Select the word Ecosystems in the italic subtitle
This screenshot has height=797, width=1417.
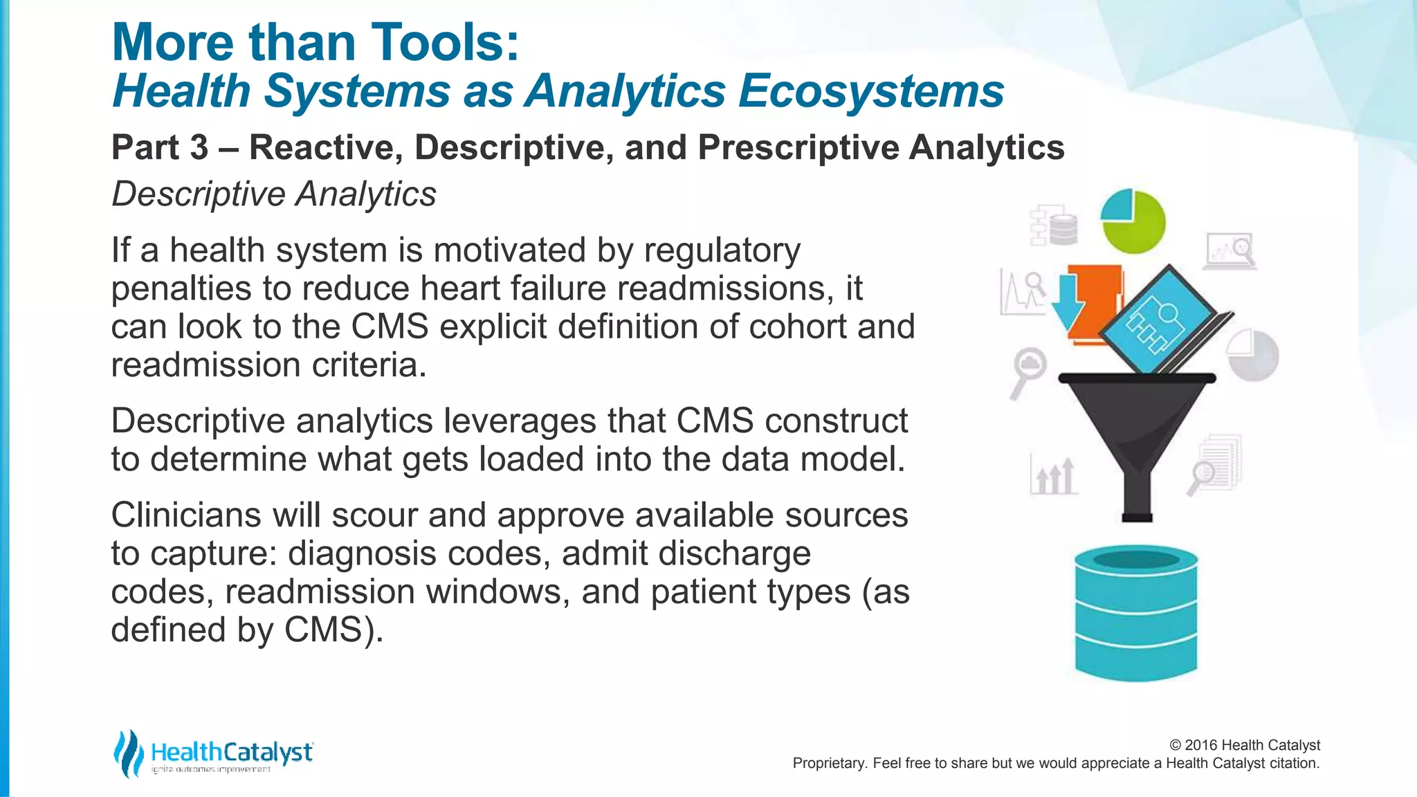click(870, 91)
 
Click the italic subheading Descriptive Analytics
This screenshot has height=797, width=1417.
click(274, 194)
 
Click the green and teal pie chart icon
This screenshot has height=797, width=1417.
click(1133, 221)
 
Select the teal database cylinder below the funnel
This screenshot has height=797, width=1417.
click(1135, 612)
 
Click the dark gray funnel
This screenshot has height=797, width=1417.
click(1136, 429)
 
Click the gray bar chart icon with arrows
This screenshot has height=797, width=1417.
click(1053, 475)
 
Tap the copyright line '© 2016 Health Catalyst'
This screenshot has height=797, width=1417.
click(1244, 745)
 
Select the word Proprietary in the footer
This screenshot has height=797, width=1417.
click(828, 763)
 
